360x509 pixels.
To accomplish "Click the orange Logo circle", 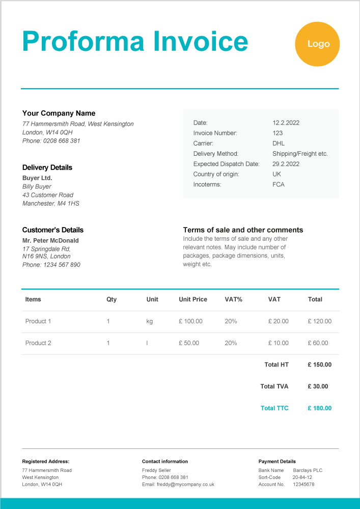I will pyautogui.click(x=317, y=44).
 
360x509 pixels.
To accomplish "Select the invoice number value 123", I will pyautogui.click(x=278, y=133).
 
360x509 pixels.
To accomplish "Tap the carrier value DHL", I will pyautogui.click(x=279, y=144).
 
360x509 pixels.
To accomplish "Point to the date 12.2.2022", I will pyautogui.click(x=286, y=123).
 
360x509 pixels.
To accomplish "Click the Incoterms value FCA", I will pyautogui.click(x=279, y=184).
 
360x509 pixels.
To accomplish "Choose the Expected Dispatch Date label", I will pyautogui.click(x=226, y=164).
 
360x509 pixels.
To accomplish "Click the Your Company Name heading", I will pyautogui.click(x=59, y=114).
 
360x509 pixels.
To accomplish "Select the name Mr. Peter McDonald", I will pyautogui.click(x=50, y=240).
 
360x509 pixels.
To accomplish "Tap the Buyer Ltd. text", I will pyautogui.click(x=37, y=178).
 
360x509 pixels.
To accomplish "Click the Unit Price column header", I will pyautogui.click(x=193, y=299).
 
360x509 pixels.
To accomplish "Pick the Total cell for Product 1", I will pyautogui.click(x=319, y=321).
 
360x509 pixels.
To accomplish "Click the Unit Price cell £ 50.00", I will pyautogui.click(x=189, y=343).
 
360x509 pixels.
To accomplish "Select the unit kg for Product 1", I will pyautogui.click(x=149, y=321).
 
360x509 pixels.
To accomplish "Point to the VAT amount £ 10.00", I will pyautogui.click(x=278, y=343).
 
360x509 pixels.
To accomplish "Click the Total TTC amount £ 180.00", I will pyautogui.click(x=319, y=408).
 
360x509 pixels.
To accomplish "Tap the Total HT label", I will pyautogui.click(x=276, y=364).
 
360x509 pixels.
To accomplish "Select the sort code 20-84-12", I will pyautogui.click(x=302, y=477).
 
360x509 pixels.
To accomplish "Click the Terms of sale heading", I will pyautogui.click(x=243, y=230).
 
